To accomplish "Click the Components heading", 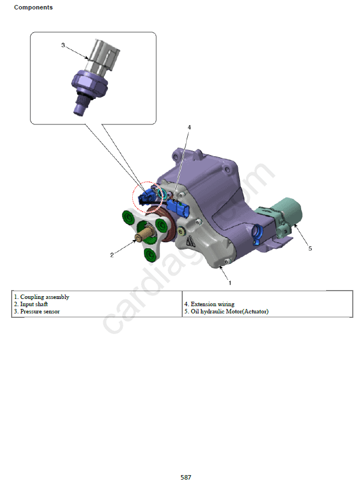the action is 33,7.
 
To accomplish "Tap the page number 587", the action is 186,477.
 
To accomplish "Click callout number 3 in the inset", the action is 63,45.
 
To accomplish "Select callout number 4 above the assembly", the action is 189,127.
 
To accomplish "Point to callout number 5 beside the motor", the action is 310,248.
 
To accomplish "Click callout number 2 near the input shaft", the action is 112,255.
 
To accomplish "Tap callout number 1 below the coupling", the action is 230,283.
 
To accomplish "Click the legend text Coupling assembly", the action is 45,297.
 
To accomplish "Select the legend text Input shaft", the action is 34,304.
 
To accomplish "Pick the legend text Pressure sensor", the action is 40,311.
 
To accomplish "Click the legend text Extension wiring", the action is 213,304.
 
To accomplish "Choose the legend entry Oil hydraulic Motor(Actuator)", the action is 229,311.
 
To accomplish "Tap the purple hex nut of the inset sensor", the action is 89,83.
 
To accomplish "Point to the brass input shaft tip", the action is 139,237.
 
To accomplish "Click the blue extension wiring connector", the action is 178,208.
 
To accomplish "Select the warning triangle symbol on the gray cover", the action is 191,241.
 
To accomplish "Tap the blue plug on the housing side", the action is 257,234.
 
